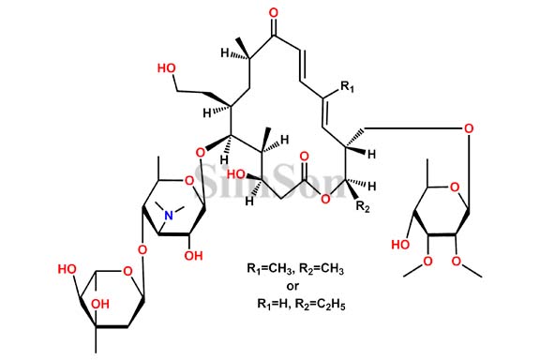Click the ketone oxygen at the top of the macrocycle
tap(273, 14)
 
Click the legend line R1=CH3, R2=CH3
tap(293, 269)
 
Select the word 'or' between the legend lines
tap(292, 286)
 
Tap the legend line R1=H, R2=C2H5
tap(295, 304)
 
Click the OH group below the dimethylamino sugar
tap(194, 254)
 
